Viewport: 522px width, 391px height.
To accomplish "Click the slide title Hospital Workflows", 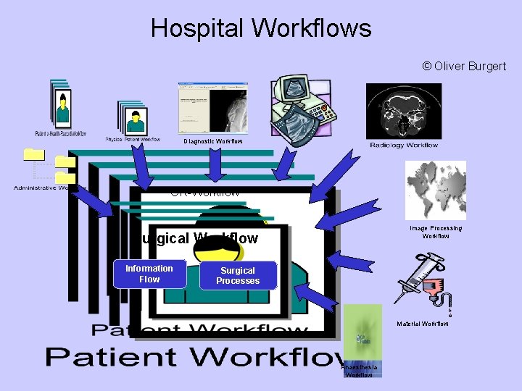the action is point(261,28).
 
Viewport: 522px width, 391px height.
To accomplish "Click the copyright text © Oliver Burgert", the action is point(464,67).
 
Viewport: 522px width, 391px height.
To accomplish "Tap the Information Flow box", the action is point(149,274).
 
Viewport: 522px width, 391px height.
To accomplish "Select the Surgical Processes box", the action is point(238,275).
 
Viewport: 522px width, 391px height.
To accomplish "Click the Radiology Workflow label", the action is point(404,145).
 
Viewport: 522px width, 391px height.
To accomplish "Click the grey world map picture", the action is point(435,190).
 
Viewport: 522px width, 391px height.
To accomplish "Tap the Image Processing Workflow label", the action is point(436,232).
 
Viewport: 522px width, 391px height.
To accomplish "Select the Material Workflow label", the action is point(423,323).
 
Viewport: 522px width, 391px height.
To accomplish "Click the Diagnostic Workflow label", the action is point(213,141).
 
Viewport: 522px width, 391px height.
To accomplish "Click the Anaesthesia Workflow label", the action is point(360,371).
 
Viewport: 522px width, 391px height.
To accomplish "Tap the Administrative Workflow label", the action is point(46,188).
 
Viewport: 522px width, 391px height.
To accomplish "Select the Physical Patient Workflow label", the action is point(133,139).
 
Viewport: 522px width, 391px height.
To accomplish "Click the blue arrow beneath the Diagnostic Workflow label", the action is point(215,164).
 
